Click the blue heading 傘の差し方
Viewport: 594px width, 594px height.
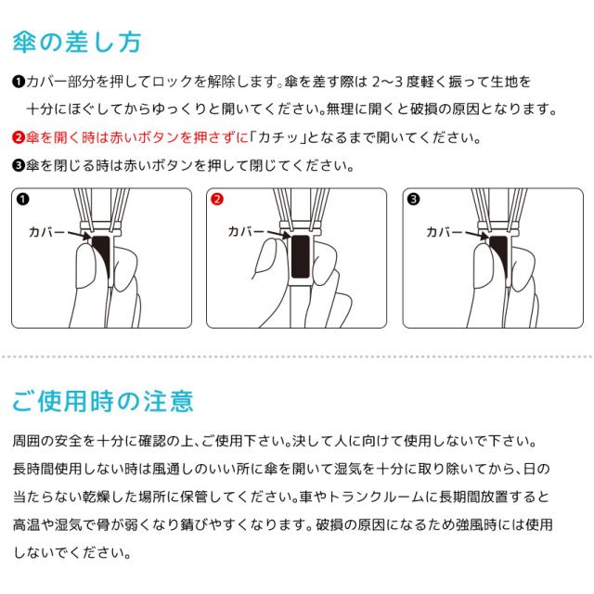tap(77, 42)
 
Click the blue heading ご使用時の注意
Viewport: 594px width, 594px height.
tap(103, 401)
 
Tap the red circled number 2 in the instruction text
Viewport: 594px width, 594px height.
tap(19, 137)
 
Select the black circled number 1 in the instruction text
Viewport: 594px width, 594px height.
tap(19, 82)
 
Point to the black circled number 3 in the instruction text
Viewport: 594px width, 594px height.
tap(19, 165)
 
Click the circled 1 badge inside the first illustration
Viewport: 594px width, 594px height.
tap(22, 199)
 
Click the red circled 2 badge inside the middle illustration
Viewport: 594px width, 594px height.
tap(217, 199)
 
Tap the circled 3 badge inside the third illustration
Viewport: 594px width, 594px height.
tap(413, 199)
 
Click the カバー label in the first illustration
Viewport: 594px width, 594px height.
tap(47, 232)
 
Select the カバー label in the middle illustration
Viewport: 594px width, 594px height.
tap(246, 231)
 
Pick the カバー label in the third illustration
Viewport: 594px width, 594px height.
tap(445, 232)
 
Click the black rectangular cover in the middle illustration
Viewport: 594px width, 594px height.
tap(301, 256)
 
